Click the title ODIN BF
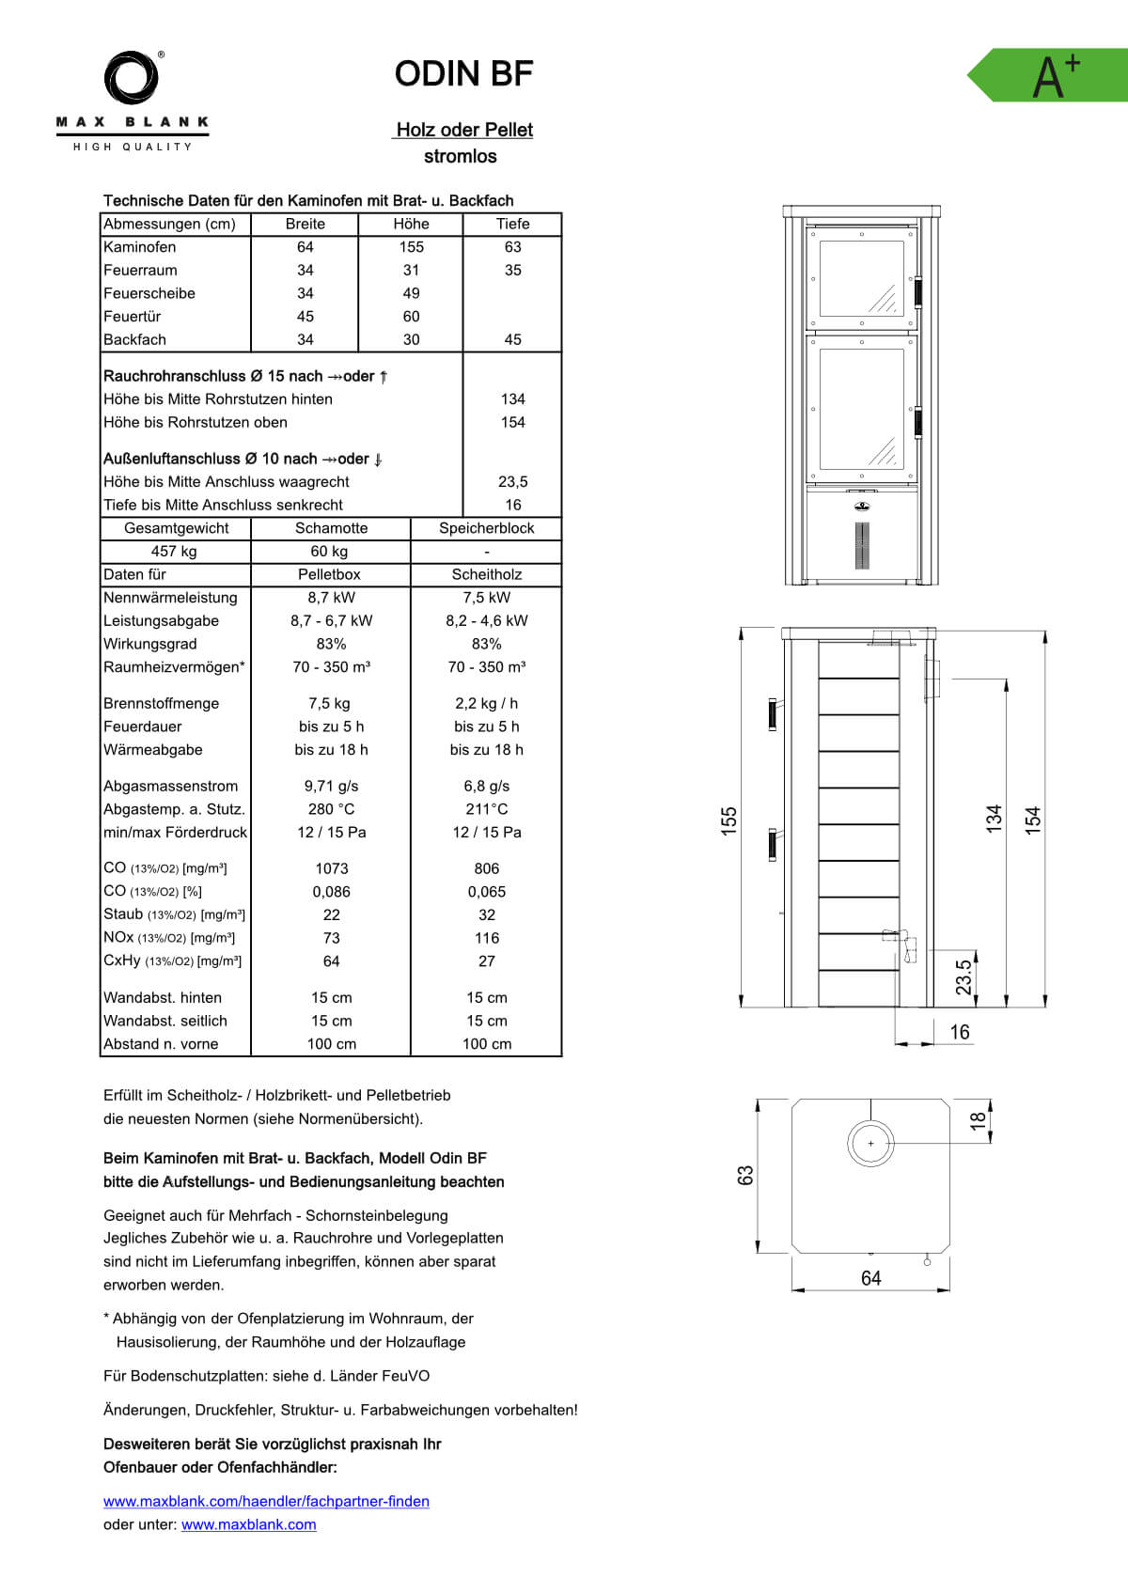(463, 73)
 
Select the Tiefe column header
(512, 224)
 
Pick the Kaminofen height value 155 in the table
(411, 247)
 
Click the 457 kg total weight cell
(174, 552)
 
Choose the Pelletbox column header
(329, 574)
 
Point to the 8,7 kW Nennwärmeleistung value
(331, 598)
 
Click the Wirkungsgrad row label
(150, 644)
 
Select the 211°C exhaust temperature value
(486, 809)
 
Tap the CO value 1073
(331, 868)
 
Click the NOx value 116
(487, 938)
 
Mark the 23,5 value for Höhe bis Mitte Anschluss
(512, 482)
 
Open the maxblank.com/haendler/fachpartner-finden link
(266, 1501)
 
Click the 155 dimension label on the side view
(729, 820)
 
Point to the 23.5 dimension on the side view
(963, 977)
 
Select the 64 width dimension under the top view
(870, 1278)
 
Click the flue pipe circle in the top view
(870, 1144)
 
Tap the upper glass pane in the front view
(862, 278)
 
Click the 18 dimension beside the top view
(978, 1120)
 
